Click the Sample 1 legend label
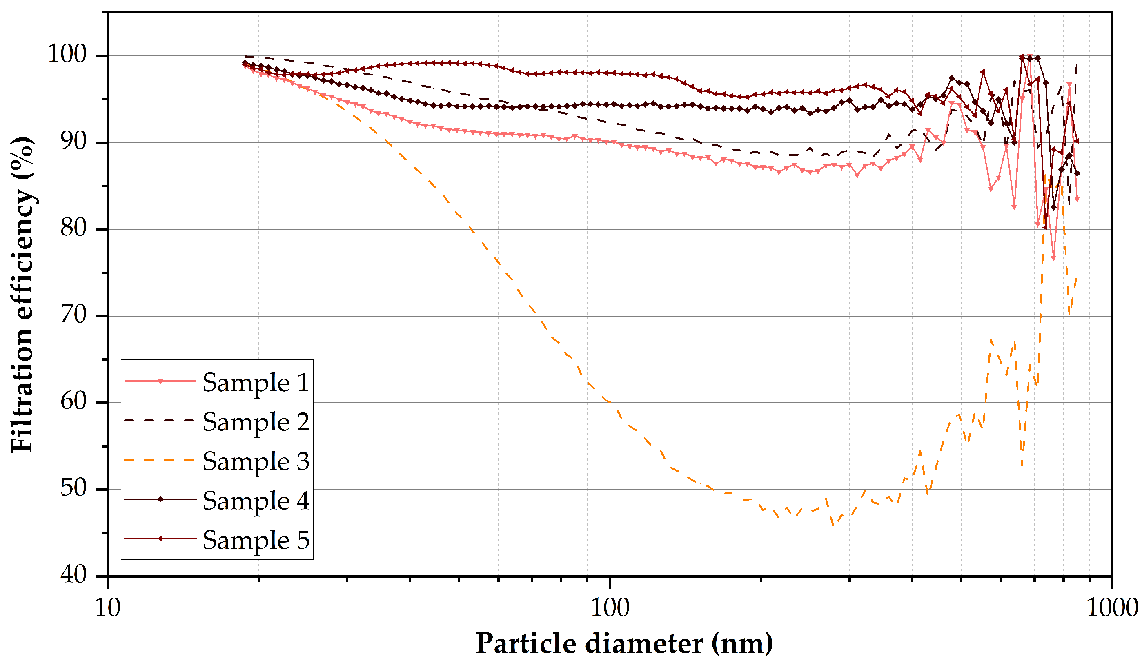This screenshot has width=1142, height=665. (x=256, y=383)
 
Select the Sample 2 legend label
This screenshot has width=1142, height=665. (x=256, y=422)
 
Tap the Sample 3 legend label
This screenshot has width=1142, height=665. (x=256, y=462)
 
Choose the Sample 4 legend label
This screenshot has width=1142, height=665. (x=256, y=501)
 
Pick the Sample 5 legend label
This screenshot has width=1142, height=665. (x=256, y=541)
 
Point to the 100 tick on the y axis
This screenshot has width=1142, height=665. (x=67, y=54)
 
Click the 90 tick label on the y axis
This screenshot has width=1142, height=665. (x=73, y=141)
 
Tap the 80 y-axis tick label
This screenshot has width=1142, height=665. (x=73, y=228)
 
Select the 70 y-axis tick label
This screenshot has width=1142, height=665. (x=73, y=315)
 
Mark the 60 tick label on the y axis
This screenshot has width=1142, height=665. (x=73, y=401)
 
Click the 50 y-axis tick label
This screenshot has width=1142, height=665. (x=73, y=488)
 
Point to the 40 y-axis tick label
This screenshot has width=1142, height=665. (x=73, y=575)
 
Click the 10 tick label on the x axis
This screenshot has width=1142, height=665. (x=107, y=608)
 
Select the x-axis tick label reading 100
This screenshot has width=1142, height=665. (x=610, y=608)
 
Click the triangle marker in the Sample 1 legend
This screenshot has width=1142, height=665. (x=160, y=381)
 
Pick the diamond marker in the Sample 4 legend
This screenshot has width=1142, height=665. (x=160, y=499)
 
